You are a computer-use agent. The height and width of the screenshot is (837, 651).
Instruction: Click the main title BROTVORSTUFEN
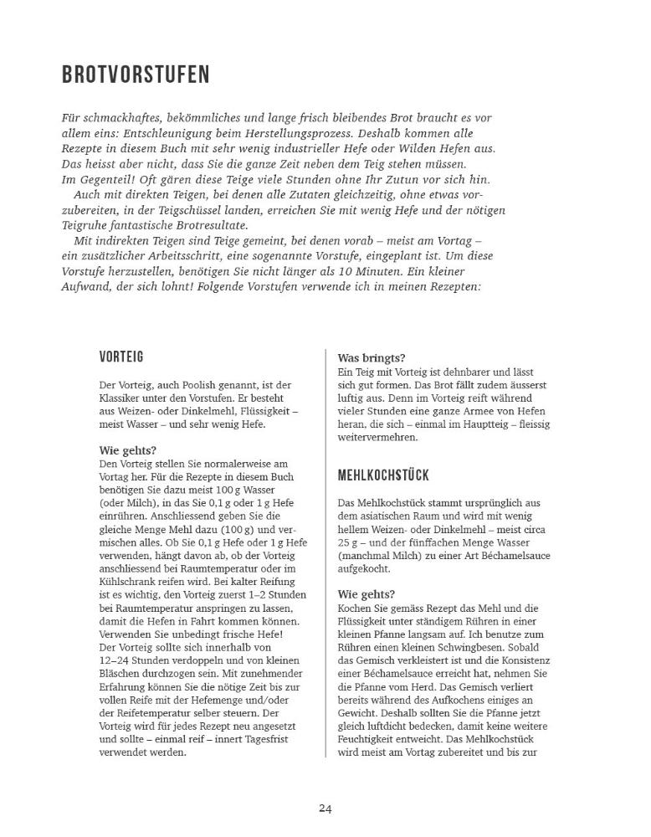(x=136, y=75)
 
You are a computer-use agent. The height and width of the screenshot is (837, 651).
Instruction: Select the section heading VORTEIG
(x=121, y=357)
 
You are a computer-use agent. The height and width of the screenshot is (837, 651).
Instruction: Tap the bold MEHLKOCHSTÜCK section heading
(x=383, y=475)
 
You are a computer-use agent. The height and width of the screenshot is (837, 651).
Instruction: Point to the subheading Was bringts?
(x=370, y=357)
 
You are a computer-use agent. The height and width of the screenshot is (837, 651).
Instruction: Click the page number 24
(x=325, y=808)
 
